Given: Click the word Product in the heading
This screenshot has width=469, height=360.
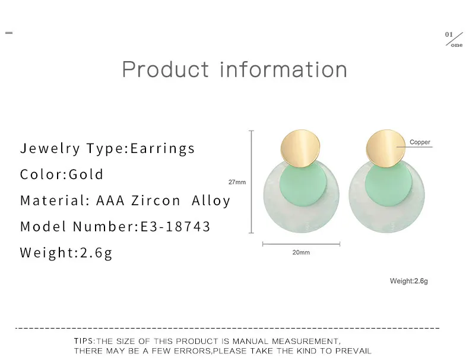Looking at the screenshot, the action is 166,69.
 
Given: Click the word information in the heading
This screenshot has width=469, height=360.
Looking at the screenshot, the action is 284,69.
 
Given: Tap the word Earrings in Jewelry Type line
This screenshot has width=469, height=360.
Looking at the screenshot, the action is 163,148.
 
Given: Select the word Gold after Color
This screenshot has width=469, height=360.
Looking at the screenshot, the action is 86,174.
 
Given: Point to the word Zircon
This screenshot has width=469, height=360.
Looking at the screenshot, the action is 156,200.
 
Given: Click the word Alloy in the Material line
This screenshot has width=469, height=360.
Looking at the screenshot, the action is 211,201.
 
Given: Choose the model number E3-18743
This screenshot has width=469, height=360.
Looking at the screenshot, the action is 175,227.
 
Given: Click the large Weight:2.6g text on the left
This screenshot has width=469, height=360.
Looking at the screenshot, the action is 66,253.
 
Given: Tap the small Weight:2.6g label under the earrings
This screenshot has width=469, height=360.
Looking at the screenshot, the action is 408,281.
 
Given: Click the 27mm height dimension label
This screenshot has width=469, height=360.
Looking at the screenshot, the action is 237,182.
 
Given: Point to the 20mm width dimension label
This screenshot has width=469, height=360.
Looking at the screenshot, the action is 301,253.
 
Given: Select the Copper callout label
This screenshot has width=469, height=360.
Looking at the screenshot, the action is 420,142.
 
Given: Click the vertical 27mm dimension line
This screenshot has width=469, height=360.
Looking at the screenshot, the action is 252,181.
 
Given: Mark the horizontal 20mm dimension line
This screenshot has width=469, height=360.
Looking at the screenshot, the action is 301,244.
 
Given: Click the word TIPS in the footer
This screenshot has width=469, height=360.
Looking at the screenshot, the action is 84,341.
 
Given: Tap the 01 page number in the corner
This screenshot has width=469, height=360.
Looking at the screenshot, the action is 449,34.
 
